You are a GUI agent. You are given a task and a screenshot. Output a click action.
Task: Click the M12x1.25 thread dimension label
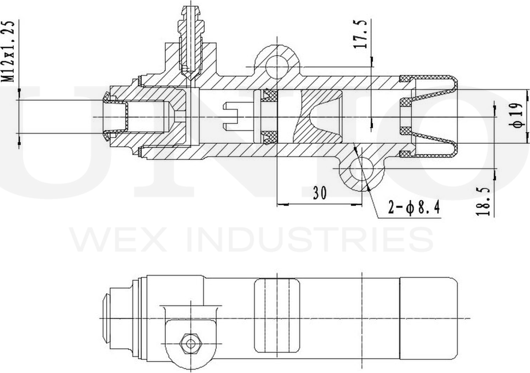pos(7,53)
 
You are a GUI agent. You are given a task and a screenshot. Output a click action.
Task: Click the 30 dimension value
pos(319,193)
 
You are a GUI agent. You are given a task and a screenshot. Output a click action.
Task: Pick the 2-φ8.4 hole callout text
pos(413,208)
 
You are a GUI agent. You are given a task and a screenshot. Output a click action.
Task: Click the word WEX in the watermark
pos(115,239)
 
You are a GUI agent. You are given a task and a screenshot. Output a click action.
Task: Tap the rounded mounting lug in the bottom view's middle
pos(276,315)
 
